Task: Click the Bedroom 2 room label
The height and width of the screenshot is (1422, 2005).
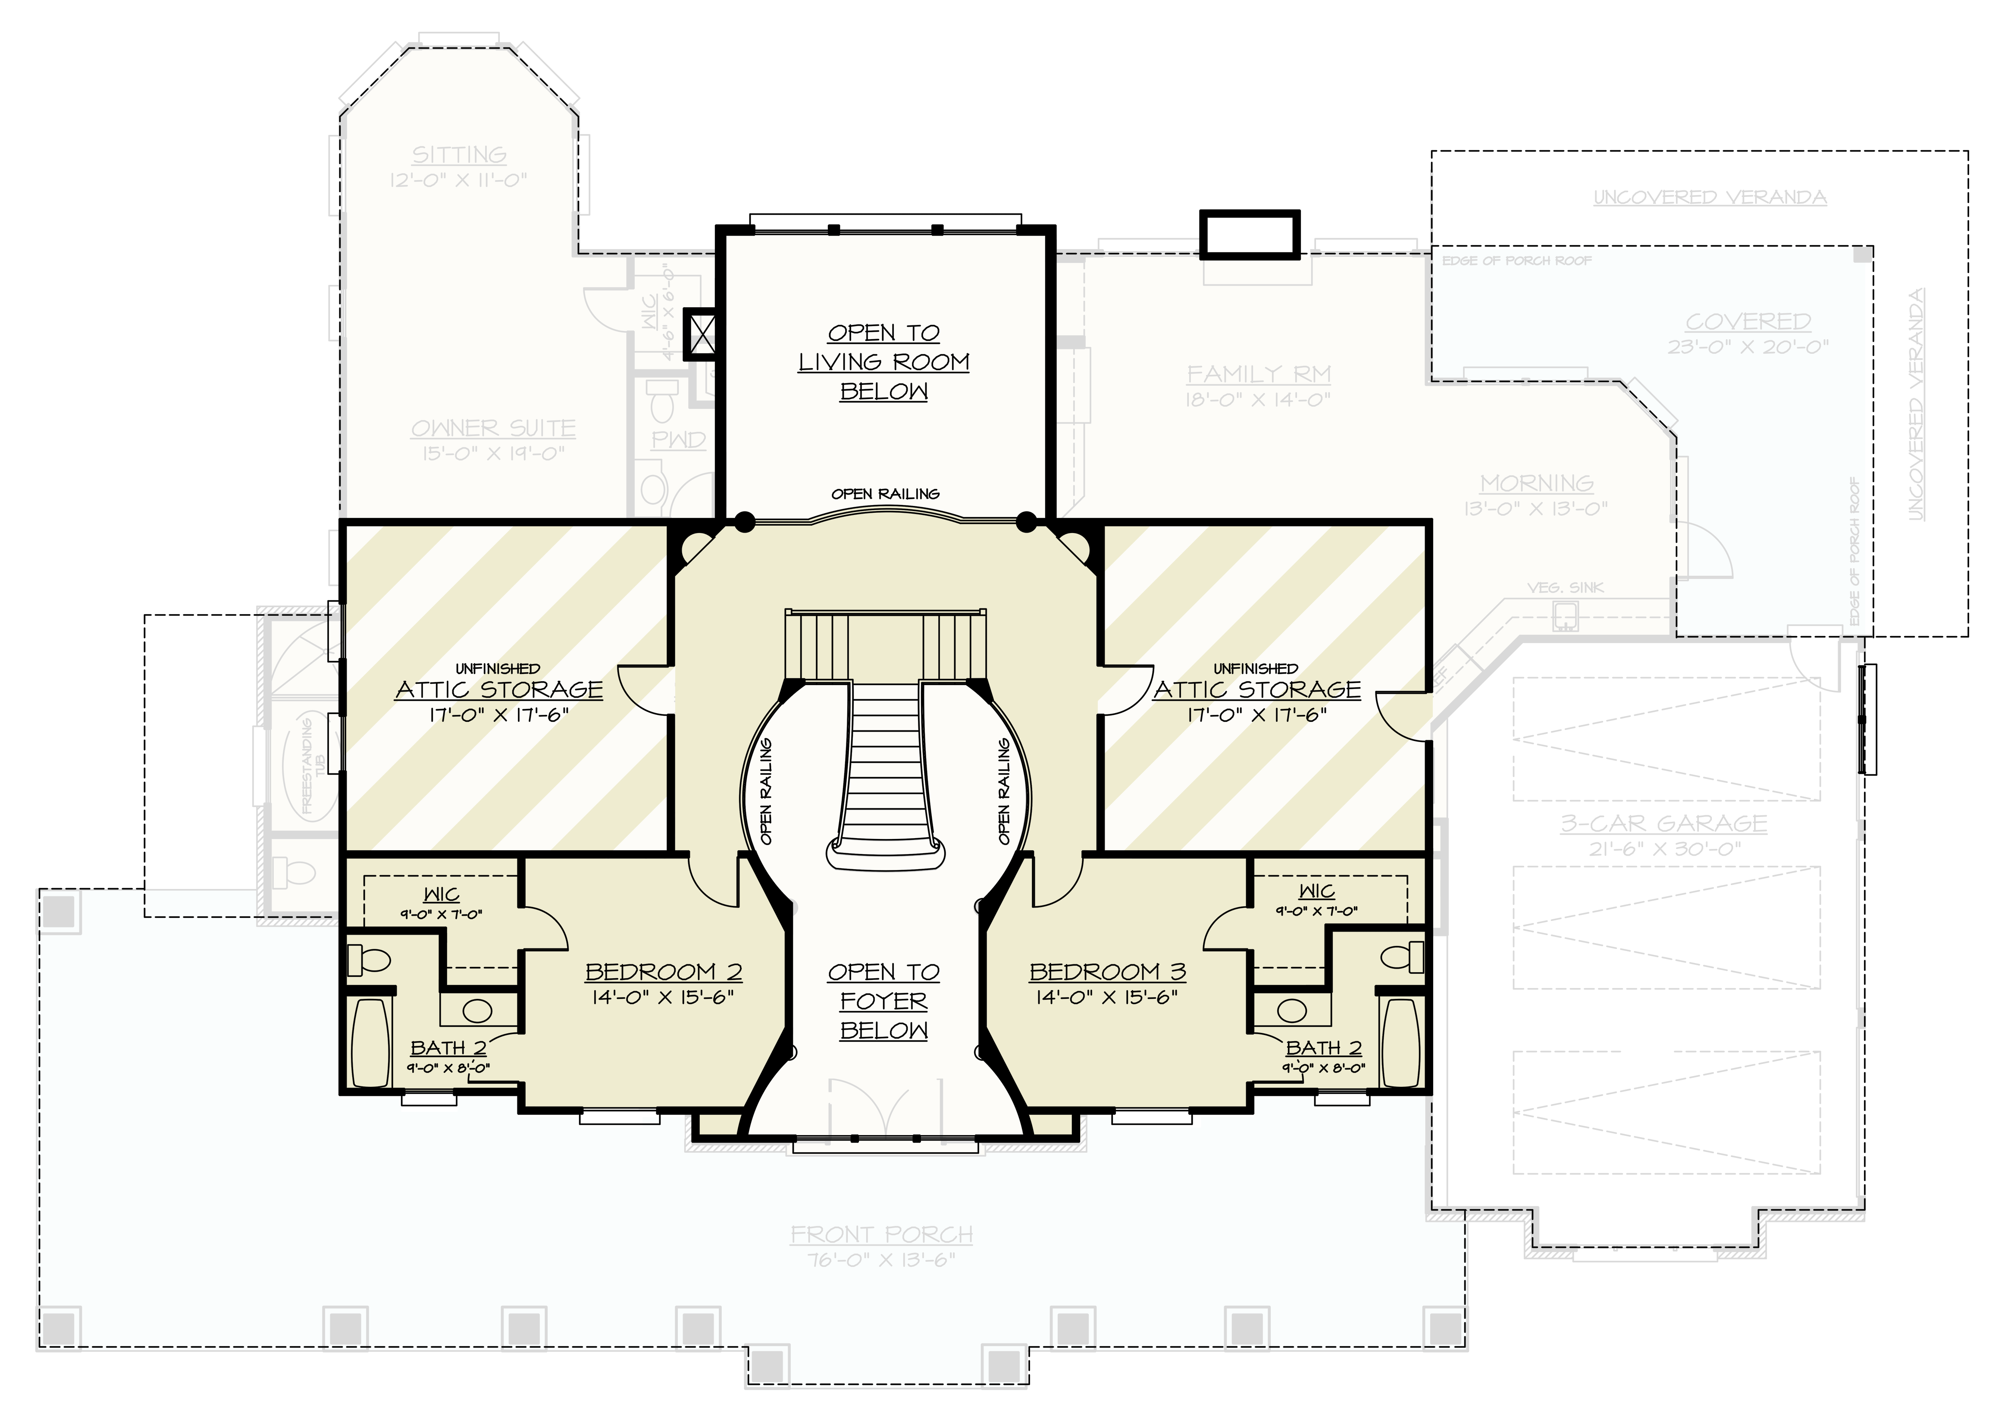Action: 663,972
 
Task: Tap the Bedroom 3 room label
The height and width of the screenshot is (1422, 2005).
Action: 1107,972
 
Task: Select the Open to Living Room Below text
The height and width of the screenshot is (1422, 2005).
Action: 884,362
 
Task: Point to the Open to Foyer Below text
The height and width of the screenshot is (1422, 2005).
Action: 884,1001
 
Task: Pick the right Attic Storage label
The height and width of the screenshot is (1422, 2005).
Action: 1257,690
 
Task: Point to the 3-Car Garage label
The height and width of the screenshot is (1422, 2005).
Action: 1664,824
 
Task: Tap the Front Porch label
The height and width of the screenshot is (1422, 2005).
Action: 881,1235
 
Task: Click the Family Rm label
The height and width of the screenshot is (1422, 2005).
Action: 1259,375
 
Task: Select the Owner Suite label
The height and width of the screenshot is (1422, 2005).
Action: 493,428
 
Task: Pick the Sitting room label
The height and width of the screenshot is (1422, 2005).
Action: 459,155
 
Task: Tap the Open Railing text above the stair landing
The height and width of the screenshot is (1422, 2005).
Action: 885,494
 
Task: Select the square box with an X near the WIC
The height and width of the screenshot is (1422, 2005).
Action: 702,334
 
